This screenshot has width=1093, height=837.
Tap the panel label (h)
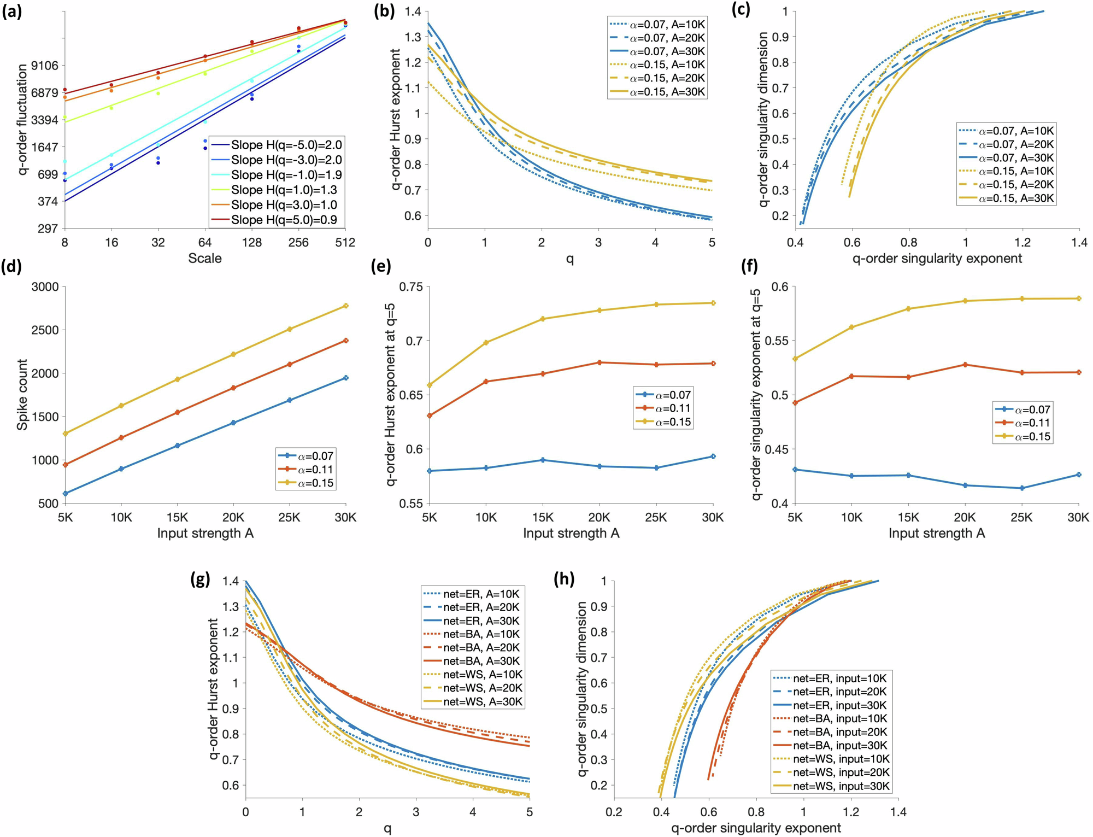point(564,579)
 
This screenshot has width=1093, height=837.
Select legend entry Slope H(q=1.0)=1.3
point(284,190)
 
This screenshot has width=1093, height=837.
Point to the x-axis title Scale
point(204,259)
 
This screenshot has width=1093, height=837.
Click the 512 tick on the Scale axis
point(345,243)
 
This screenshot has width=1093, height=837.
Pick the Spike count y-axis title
point(22,394)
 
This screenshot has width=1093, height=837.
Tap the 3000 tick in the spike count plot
point(45,287)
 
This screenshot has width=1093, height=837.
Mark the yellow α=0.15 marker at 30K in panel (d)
point(345,306)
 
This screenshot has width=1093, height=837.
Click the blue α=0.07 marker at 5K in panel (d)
point(65,493)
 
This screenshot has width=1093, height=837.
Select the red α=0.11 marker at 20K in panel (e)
point(600,362)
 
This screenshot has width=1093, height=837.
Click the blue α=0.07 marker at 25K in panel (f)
point(1021,488)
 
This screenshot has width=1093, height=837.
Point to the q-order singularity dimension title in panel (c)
point(763,119)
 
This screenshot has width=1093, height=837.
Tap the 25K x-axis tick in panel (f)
point(1021,517)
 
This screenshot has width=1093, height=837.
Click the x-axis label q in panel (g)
point(387,828)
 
